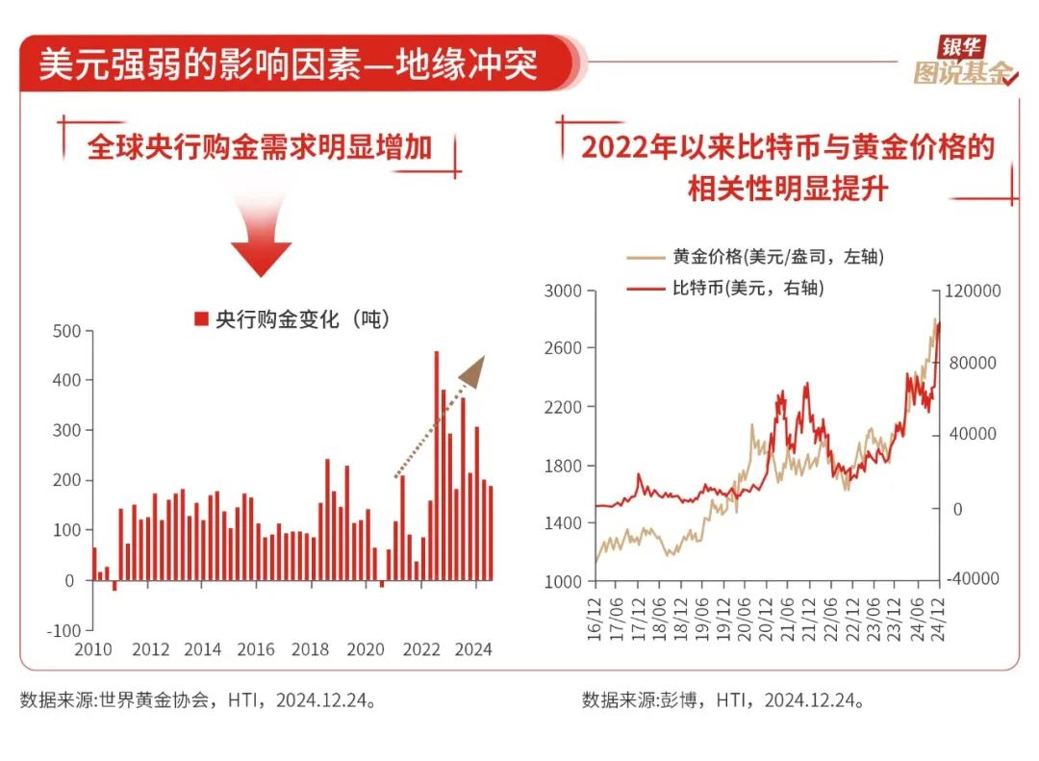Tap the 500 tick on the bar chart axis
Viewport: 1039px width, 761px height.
pos(66,331)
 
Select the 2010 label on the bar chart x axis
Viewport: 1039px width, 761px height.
pos(93,649)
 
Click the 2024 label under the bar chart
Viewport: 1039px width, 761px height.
pos(472,649)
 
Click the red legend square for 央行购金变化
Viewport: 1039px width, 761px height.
pos(201,319)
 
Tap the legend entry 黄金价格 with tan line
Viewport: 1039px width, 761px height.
pos(754,257)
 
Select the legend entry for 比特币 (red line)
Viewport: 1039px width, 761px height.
pos(725,288)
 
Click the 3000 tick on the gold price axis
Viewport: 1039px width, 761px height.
pos(563,291)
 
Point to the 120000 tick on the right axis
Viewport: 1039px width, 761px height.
pos(974,291)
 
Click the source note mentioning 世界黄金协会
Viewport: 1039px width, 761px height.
pos(197,699)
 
